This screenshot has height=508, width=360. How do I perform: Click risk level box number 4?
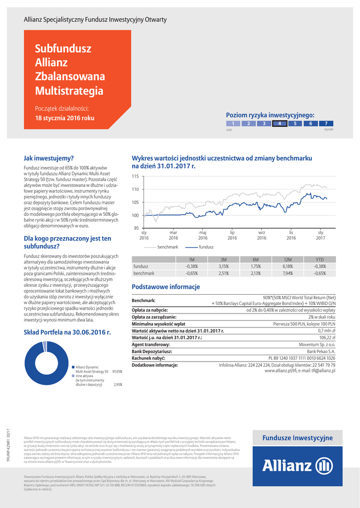click(280, 124)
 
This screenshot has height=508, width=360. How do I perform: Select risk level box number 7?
click(326, 124)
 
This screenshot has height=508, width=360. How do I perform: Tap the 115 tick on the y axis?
click(135, 177)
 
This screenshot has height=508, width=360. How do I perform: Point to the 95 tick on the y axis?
click(136, 228)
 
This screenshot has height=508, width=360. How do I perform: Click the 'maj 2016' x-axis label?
click(203, 235)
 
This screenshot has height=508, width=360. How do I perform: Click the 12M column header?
click(288, 259)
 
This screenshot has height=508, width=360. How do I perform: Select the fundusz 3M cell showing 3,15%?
click(223, 266)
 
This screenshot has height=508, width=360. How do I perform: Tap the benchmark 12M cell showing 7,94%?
click(288, 273)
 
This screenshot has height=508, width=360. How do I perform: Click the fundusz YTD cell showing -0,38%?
click(320, 266)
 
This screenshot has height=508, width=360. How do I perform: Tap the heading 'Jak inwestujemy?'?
click(49, 158)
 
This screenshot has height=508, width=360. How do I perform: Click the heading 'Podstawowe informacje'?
click(165, 287)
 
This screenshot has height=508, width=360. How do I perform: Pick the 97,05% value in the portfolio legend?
click(117, 371)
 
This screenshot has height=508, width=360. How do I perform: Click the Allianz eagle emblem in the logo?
click(324, 466)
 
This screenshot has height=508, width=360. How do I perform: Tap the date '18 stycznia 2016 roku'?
click(65, 119)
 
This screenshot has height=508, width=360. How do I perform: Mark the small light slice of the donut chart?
click(45, 346)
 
